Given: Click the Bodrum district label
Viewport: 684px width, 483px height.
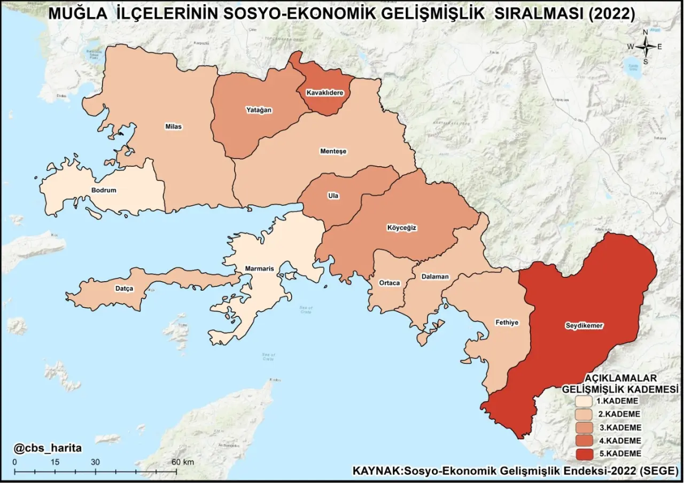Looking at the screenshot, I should pyautogui.click(x=104, y=190).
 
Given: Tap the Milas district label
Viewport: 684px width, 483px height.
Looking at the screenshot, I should pyautogui.click(x=174, y=127).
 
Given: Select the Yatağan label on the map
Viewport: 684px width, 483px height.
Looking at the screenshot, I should pyautogui.click(x=259, y=110).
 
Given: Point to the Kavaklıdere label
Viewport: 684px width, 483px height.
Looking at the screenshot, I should pyautogui.click(x=324, y=93).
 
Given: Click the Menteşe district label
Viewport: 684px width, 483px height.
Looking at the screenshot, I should pyautogui.click(x=333, y=151).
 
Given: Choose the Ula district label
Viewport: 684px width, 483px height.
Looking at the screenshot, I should pyautogui.click(x=333, y=196).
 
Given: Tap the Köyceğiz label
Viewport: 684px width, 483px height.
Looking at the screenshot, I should pyautogui.click(x=401, y=228).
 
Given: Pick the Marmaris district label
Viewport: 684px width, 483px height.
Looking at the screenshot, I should pyautogui.click(x=259, y=269).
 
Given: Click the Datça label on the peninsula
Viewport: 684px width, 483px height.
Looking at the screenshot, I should pyautogui.click(x=124, y=289).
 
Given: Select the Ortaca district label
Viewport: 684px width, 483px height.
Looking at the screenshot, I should pyautogui.click(x=389, y=283).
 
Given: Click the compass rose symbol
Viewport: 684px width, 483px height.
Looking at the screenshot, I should pyautogui.click(x=645, y=46).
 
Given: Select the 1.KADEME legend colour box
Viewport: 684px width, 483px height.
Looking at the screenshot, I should pyautogui.click(x=584, y=401).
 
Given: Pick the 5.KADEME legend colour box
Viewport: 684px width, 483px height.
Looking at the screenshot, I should pyautogui.click(x=584, y=454).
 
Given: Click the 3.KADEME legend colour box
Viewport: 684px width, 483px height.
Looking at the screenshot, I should pyautogui.click(x=584, y=427).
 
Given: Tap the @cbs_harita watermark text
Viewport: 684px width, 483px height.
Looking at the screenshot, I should pyautogui.click(x=48, y=448).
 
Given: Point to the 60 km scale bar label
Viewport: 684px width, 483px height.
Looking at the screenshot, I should pyautogui.click(x=182, y=462).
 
